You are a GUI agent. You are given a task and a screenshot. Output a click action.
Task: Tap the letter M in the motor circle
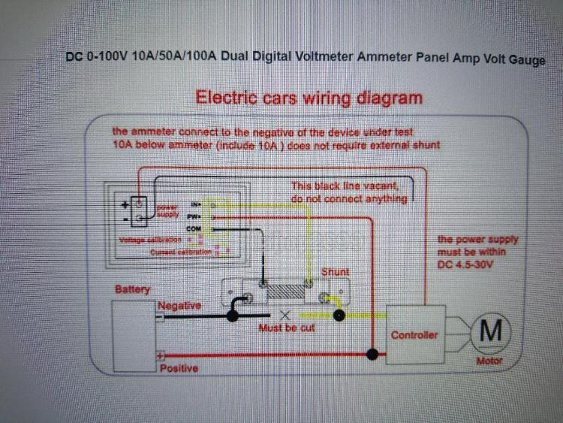pos(490,331)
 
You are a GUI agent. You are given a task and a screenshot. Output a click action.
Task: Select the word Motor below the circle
pos(489,361)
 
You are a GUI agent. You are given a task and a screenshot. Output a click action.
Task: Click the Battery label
pos(132,289)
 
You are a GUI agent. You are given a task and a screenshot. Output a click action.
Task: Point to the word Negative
pos(179,306)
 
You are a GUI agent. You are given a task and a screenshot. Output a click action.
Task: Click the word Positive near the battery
pos(179,368)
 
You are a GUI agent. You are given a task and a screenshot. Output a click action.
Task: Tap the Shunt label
pos(335,271)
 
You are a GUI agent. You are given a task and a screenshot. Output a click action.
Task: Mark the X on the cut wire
pos(285,315)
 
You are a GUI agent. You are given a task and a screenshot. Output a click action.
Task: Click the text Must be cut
pos(286,328)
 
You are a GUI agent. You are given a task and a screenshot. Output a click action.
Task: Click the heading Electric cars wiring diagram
pos(309,98)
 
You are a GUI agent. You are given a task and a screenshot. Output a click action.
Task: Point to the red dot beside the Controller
pos(371,352)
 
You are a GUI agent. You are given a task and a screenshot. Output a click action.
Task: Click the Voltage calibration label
pos(153,240)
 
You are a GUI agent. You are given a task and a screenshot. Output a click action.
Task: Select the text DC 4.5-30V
pos(469,264)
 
